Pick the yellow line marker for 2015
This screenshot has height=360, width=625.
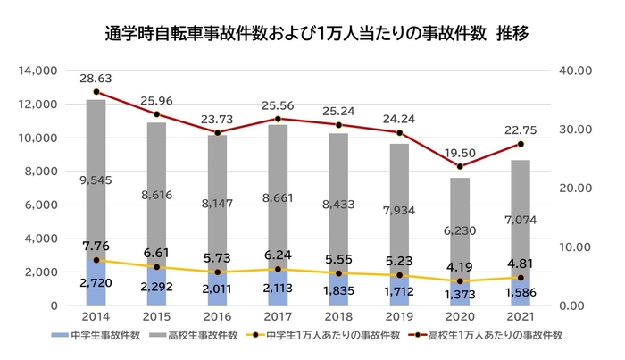point(157,267)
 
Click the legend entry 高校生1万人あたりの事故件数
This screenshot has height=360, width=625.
point(496,338)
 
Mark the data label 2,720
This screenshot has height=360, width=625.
point(96,281)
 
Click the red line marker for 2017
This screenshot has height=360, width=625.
point(279,119)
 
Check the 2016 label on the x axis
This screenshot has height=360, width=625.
point(218,317)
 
